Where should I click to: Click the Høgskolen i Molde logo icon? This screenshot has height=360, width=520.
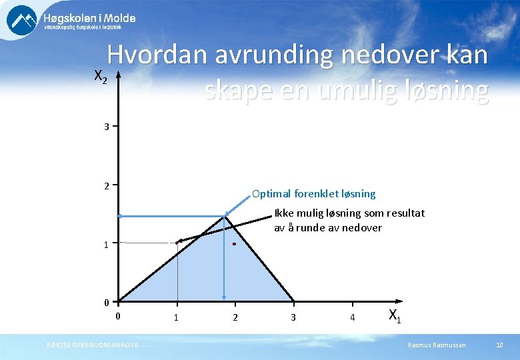[22, 20]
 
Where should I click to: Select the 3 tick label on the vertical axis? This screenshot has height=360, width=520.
[107, 126]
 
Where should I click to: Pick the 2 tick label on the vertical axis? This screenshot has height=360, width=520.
[107, 185]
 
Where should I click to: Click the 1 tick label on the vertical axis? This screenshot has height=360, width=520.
[107, 245]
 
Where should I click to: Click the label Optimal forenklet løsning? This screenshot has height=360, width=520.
[313, 194]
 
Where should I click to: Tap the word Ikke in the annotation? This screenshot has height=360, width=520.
[283, 213]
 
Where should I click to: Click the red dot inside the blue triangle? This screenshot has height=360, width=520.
[235, 245]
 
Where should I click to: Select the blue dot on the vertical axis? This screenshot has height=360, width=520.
[119, 216]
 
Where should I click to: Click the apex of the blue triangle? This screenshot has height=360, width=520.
[225, 216]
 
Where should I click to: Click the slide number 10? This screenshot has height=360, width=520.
[499, 345]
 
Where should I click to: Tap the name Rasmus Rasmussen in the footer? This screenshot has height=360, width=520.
[437, 345]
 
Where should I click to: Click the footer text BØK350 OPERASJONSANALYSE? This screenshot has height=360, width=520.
[93, 345]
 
